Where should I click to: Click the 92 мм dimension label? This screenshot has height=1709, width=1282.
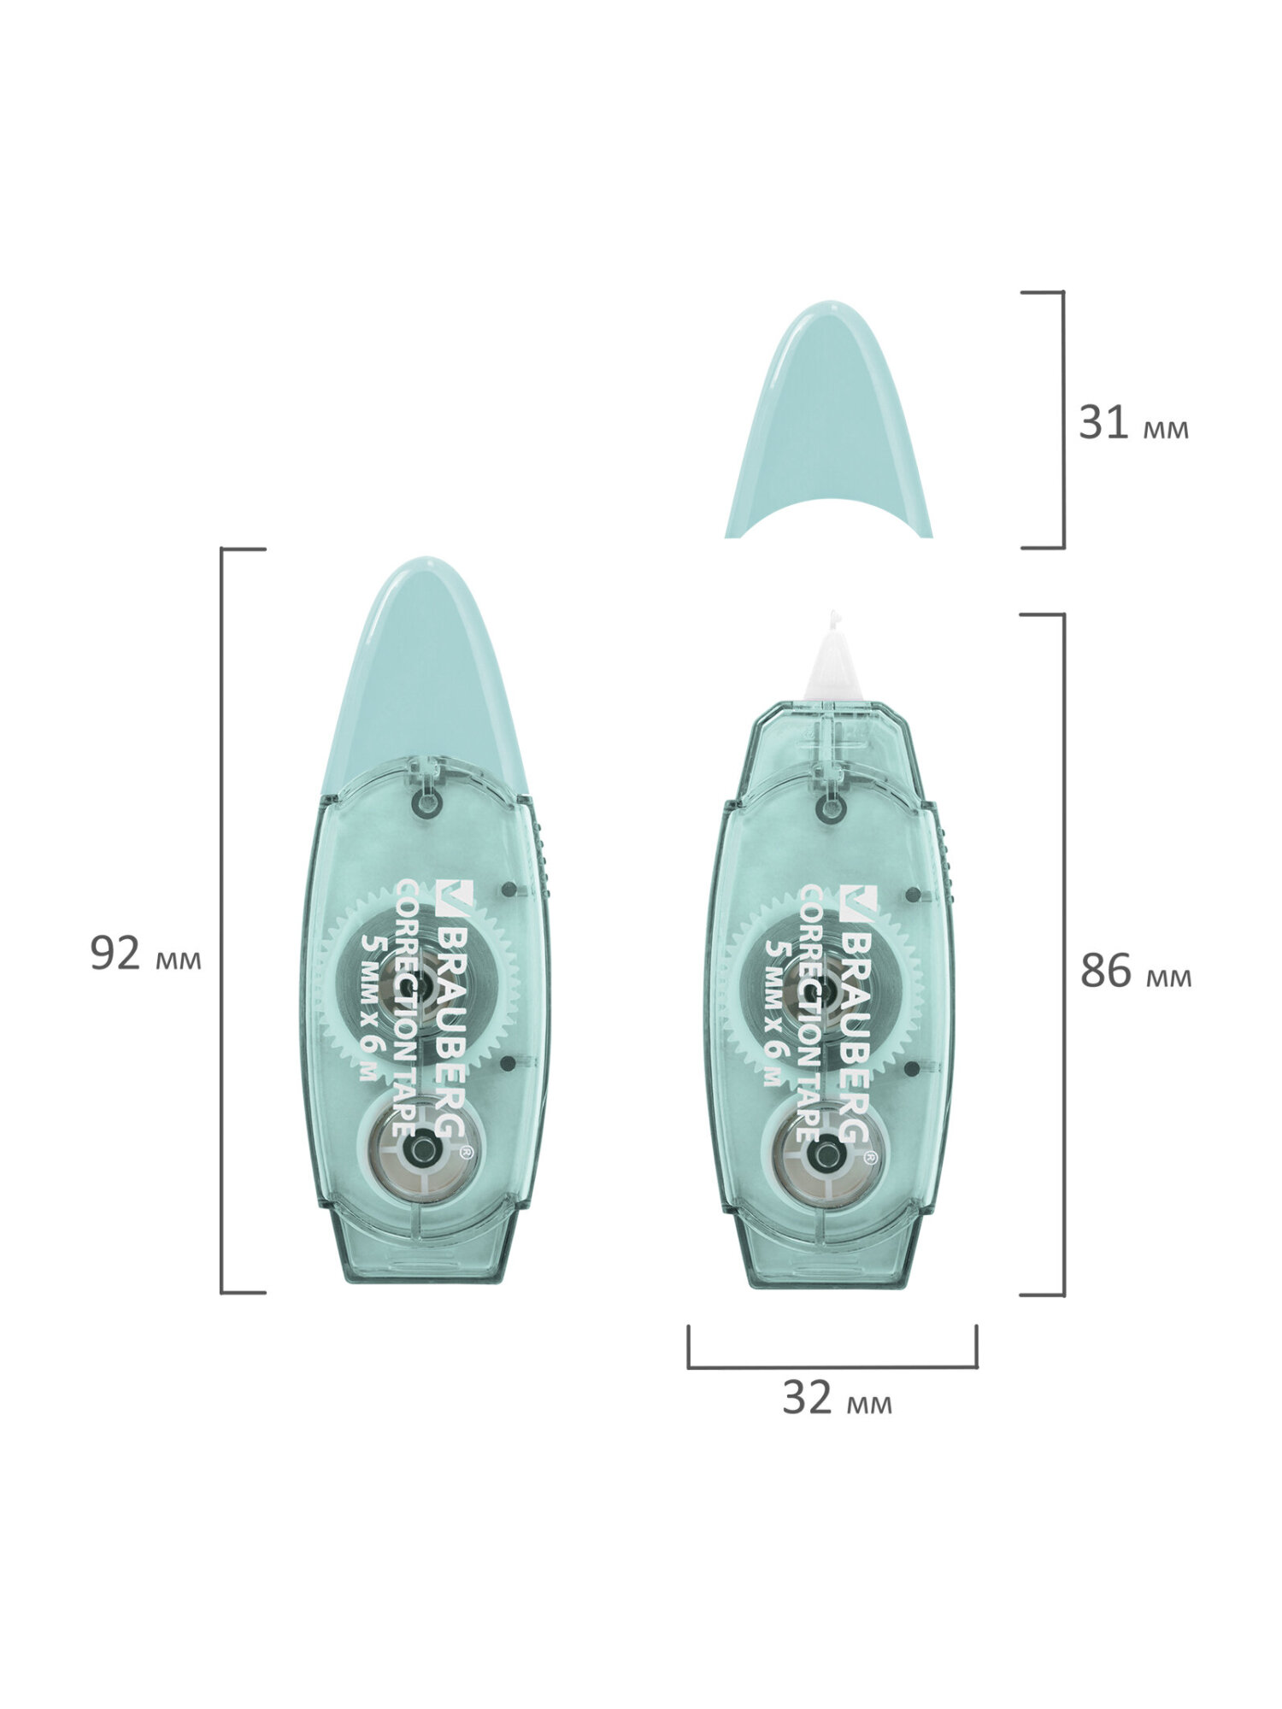click(x=145, y=954)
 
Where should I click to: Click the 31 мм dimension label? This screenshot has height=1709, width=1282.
click(x=1133, y=424)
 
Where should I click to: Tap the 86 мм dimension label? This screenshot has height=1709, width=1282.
click(x=1135, y=972)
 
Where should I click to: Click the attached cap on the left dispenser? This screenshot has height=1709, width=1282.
click(x=424, y=675)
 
